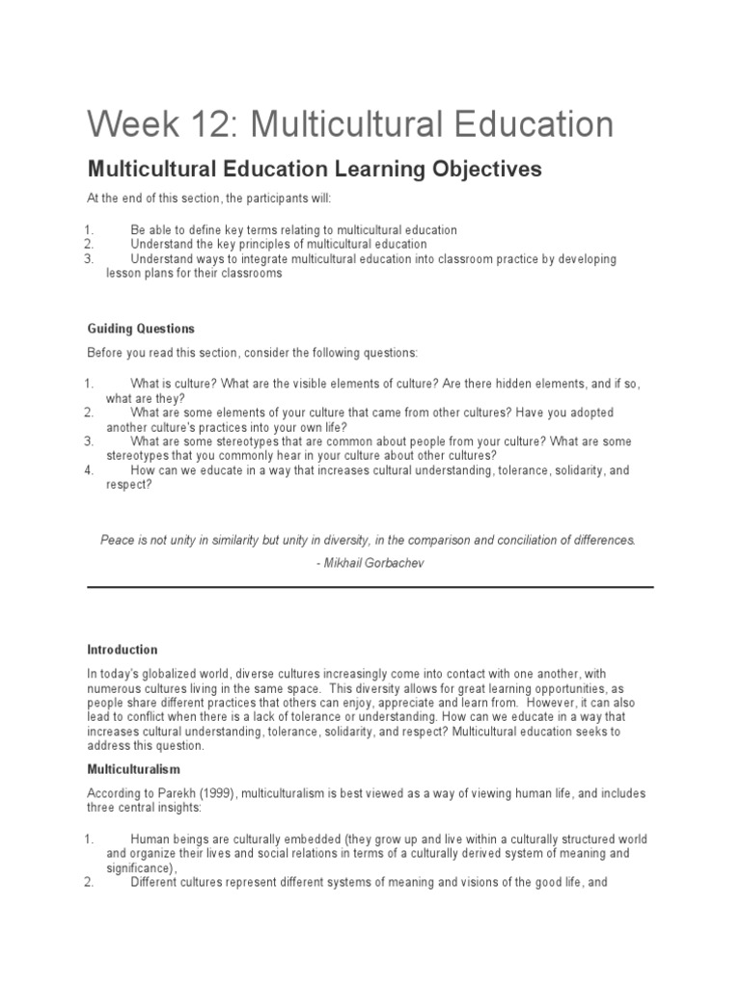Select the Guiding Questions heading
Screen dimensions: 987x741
coord(141,329)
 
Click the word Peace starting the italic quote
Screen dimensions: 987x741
coord(118,540)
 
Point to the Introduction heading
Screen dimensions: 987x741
coord(123,650)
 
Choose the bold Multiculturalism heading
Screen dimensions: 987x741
coord(134,770)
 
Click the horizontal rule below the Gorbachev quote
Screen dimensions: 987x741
coord(370,586)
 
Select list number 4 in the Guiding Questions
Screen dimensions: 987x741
coord(88,470)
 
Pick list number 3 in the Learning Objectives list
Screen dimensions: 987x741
coord(88,259)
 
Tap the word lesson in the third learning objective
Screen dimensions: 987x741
coord(123,273)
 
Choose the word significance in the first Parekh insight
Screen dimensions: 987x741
coord(140,867)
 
